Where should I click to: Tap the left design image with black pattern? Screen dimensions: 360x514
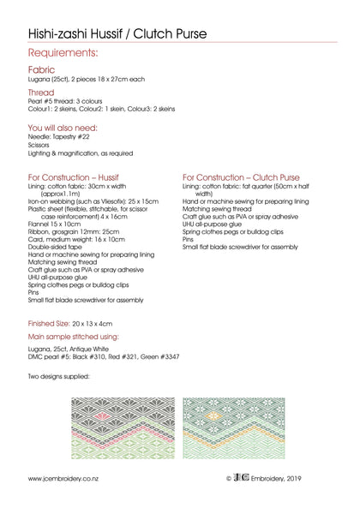point(120,428)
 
